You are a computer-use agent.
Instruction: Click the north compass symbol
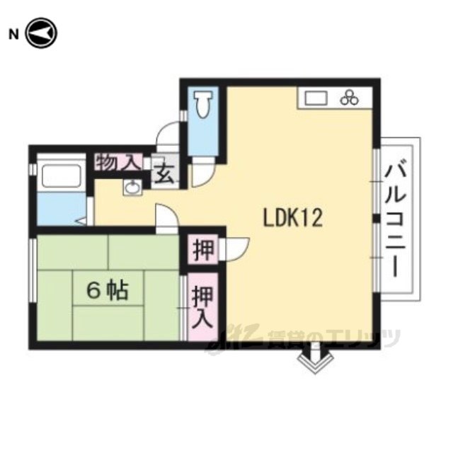coord(42,33)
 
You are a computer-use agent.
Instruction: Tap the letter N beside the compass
coord(13,35)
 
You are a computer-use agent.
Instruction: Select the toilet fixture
coord(203,104)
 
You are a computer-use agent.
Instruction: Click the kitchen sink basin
coord(316,98)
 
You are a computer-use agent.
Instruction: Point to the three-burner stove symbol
coord(350,98)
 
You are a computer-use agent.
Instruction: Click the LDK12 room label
coord(292,218)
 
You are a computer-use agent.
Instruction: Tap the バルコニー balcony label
coord(395,221)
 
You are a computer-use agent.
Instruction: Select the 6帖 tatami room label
coord(108,290)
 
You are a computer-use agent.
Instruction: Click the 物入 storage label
coord(118,163)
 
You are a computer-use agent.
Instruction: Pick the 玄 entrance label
coord(165,176)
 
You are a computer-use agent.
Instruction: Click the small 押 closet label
coord(204,249)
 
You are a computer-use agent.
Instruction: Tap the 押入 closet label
coord(203,306)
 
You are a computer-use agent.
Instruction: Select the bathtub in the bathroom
coord(62,176)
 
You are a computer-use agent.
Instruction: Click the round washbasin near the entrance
coord(132,188)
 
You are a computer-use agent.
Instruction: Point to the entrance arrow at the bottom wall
coord(316,358)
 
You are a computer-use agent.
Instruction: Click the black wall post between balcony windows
coord(376,219)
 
